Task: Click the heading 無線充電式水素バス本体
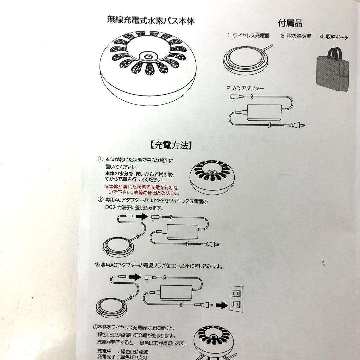coord(151,20)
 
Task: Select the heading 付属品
coord(290,23)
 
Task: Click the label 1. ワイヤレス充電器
coord(248,36)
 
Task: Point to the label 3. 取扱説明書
coord(296,36)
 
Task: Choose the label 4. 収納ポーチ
coord(334,37)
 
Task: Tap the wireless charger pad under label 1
coord(246,60)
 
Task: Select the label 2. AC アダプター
coord(245,88)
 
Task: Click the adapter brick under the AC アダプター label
coord(264,113)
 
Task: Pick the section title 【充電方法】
coord(171,145)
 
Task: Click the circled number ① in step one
coord(100,159)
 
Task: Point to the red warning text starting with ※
coord(141,190)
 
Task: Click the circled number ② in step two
coord(100,199)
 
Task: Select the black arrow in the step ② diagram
coord(142,216)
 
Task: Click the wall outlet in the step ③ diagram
coord(236,299)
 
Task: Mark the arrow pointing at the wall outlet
coord(222,305)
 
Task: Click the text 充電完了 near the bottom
coord(104,357)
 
